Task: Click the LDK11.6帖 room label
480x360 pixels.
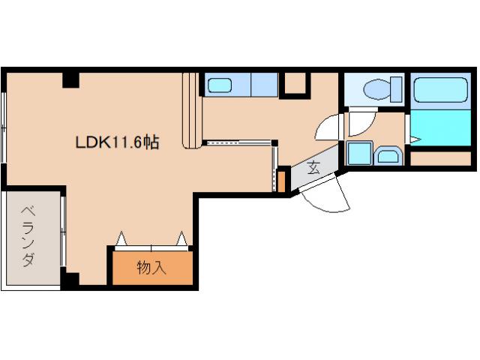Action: point(117,142)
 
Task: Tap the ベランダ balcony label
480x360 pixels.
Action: point(28,237)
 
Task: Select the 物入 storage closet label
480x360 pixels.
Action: point(151,268)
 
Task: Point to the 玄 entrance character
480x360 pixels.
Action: point(314,168)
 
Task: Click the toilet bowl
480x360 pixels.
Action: point(376,89)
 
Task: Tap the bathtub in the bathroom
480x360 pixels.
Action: point(440,90)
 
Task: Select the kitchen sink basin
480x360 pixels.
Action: point(220,85)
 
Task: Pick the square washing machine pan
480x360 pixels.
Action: point(359,153)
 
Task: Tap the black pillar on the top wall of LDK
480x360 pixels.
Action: point(71,80)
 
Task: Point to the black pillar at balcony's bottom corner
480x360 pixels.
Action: point(70,278)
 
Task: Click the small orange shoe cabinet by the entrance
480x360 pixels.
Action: point(281,181)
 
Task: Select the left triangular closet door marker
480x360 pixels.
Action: point(121,238)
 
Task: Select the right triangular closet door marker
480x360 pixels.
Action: point(181,238)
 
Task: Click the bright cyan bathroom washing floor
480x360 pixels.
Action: point(440,128)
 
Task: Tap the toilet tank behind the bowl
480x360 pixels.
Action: point(396,89)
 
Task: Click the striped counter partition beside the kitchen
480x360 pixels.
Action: point(192,111)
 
